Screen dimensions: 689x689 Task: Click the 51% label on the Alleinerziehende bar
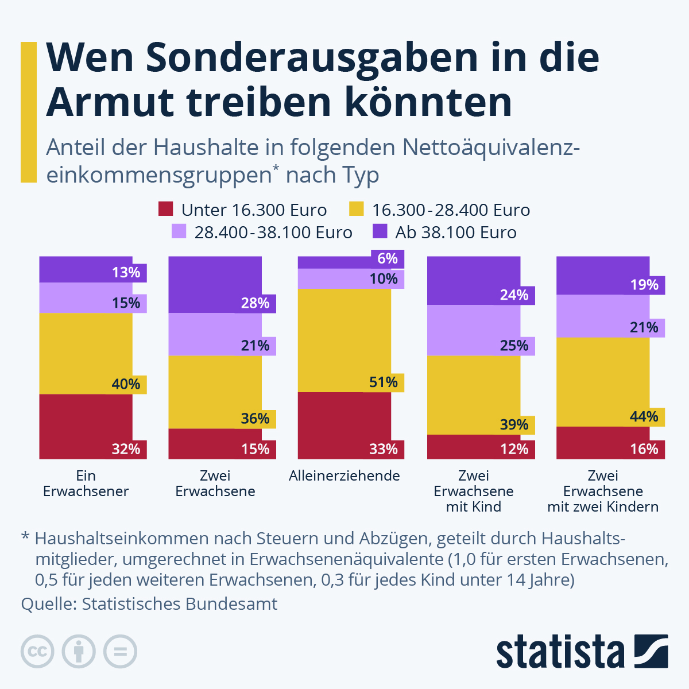(x=384, y=382)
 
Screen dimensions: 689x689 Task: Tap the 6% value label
(x=388, y=258)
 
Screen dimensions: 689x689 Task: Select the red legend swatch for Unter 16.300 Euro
(x=165, y=209)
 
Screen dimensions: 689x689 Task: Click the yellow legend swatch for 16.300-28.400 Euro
(x=357, y=209)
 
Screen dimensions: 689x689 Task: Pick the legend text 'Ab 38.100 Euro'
(x=455, y=233)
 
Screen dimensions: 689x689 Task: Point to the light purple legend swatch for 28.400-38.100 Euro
(x=179, y=231)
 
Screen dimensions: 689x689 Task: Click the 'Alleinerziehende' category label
(x=344, y=475)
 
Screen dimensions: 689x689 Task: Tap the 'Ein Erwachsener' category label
(x=86, y=483)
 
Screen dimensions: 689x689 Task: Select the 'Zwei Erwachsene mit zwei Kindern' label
(x=603, y=491)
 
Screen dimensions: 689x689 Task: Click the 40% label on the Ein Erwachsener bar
(x=126, y=384)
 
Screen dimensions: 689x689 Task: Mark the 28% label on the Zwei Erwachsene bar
(x=256, y=303)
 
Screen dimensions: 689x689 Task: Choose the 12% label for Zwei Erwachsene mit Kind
(x=514, y=449)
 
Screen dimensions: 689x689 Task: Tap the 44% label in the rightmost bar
(x=644, y=417)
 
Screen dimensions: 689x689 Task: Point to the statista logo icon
(x=651, y=651)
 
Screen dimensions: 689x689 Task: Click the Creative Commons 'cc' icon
(x=37, y=652)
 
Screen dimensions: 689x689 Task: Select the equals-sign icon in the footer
(x=120, y=652)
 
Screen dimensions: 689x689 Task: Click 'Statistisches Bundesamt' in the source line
(x=179, y=604)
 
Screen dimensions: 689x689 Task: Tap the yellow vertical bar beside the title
(x=28, y=112)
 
